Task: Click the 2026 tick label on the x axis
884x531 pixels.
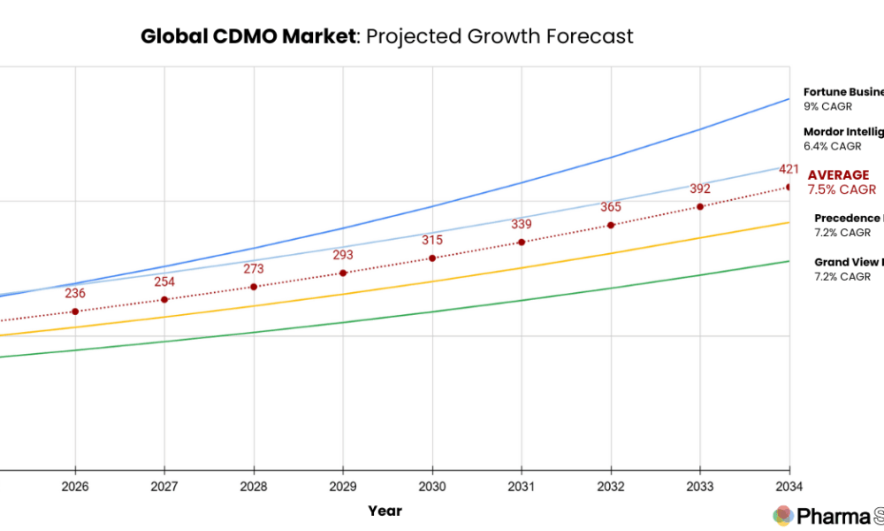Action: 75,486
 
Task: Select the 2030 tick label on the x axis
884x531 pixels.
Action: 432,486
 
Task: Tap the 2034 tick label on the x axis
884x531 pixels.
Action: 789,486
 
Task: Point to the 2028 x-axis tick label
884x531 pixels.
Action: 254,486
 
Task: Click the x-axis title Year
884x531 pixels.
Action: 385,511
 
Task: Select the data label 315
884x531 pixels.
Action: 432,241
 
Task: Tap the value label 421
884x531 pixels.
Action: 789,169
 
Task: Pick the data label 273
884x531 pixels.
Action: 254,269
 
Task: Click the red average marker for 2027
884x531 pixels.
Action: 164,300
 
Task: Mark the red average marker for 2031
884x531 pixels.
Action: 522,242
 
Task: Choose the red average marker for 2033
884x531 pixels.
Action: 700,207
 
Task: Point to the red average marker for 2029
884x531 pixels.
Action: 343,273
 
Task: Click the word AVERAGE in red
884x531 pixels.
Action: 838,175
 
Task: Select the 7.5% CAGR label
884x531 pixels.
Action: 842,189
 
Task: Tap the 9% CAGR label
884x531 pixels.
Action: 827,106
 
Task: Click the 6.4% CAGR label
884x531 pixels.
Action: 832,147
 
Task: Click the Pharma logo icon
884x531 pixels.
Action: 782,515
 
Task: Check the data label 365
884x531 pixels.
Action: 611,207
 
